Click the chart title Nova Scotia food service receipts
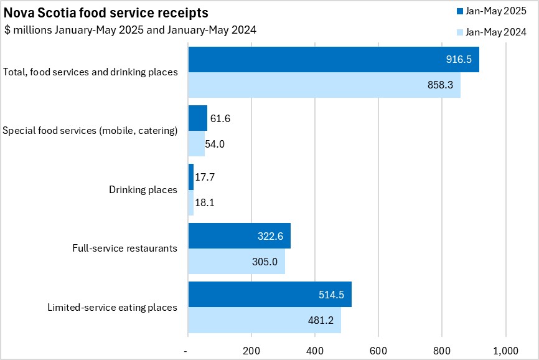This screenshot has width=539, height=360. (106, 13)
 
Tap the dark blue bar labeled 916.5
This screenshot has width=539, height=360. (334, 59)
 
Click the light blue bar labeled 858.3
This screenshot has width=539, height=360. (324, 85)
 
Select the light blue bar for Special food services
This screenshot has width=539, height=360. (196, 144)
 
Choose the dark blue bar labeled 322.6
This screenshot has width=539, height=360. (239, 235)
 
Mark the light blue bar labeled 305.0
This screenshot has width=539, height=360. (237, 262)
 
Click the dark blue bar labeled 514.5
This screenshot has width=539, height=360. (269, 295)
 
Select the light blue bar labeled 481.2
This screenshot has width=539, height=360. (265, 320)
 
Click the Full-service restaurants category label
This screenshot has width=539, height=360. (125, 248)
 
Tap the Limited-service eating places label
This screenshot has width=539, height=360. (113, 307)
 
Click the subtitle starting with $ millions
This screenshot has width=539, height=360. (130, 30)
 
